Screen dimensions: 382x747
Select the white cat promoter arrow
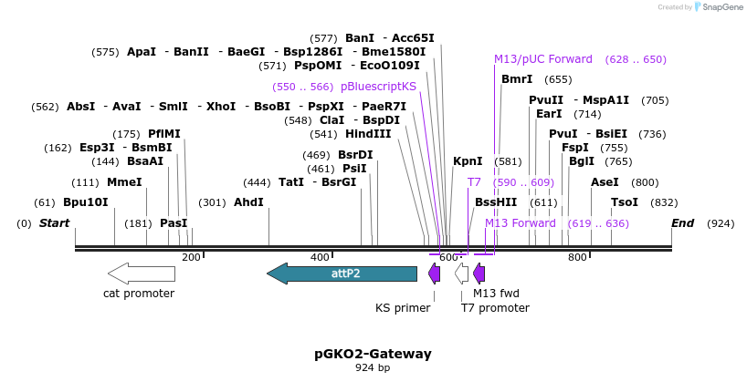point(141,273)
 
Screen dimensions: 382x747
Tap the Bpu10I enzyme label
point(85,202)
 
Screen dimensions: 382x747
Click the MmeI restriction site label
point(124,182)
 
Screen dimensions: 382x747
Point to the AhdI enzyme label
point(248,202)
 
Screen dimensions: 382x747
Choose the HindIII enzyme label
point(368,134)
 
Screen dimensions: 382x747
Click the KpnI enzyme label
point(468,161)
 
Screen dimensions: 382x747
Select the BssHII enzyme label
point(496,202)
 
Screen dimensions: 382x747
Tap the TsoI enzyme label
point(625,202)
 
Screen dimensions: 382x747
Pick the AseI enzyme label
point(605,182)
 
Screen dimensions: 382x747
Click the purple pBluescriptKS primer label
point(378,87)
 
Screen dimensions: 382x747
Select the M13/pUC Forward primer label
point(543,59)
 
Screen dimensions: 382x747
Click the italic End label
point(682,223)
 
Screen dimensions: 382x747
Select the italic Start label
point(54,223)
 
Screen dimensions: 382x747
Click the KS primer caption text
point(403,308)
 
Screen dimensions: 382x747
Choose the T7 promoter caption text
point(494,308)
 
